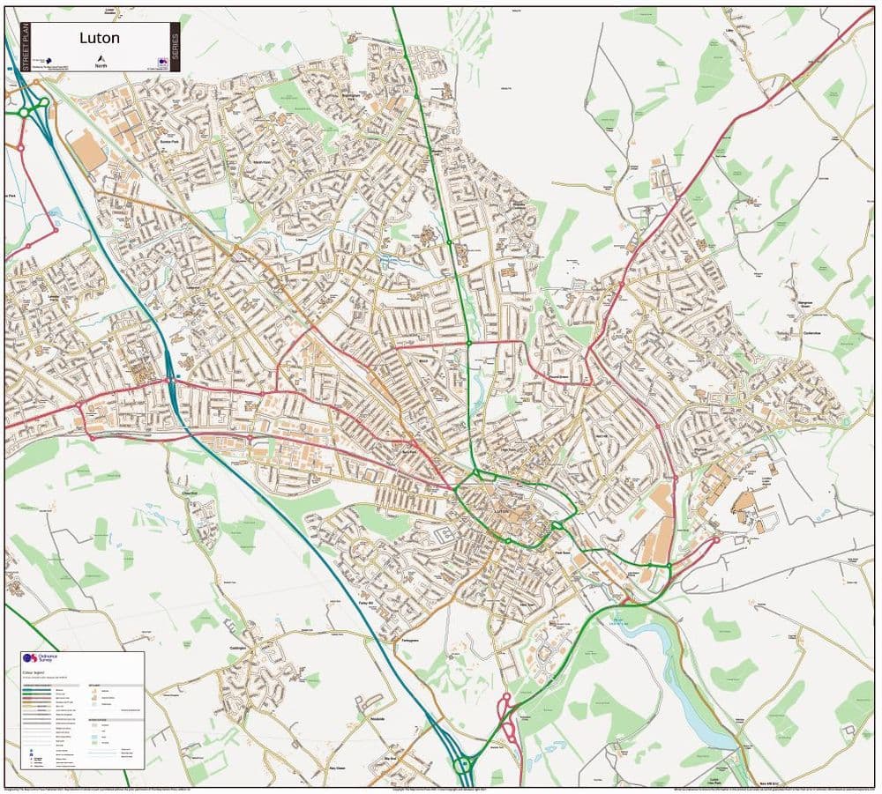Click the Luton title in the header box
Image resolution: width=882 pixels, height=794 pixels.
coord(100,38)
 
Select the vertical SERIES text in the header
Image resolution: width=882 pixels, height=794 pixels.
coord(175,47)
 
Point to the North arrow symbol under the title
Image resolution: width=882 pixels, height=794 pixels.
coord(100,57)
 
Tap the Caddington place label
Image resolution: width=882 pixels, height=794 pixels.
coord(242,650)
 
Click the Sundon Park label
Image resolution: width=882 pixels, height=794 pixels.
coord(169,141)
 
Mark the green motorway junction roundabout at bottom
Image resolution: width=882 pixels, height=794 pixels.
coord(462,764)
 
